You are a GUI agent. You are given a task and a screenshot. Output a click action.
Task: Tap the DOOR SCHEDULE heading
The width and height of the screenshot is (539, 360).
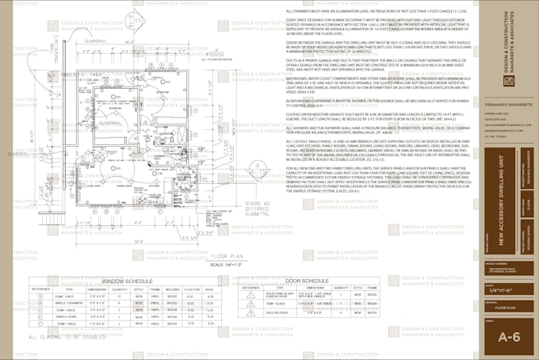pos(307,281)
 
